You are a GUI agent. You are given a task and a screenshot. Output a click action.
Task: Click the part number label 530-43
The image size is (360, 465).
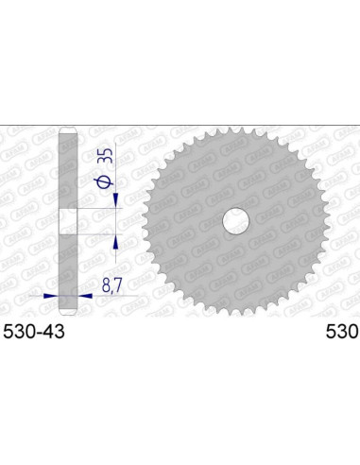coord(32,333)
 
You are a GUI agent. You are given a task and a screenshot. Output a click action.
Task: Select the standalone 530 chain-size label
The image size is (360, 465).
coord(341,333)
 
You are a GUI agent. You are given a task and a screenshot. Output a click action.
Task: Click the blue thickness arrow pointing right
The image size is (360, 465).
coord(52,295)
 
